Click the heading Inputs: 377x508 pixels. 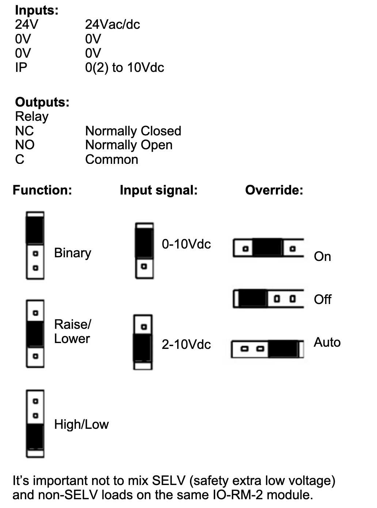point(37,10)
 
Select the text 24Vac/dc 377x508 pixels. point(112,24)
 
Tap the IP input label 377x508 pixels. point(21,68)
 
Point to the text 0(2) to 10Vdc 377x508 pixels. point(124,68)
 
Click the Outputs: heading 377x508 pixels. point(42,102)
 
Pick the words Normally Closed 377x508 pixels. point(133,131)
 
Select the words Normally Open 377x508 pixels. point(129,145)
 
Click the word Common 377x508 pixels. point(111,159)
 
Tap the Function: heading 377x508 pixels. point(42,190)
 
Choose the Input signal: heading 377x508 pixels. point(159,190)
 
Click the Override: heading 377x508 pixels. point(274,190)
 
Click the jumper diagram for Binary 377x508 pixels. point(35,246)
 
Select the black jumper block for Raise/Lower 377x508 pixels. point(35,334)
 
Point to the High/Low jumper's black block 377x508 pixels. point(35,436)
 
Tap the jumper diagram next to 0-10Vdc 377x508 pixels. point(144,251)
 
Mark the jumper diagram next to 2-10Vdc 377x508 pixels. point(143,342)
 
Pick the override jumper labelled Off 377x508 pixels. point(269,299)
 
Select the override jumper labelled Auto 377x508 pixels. point(268,349)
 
